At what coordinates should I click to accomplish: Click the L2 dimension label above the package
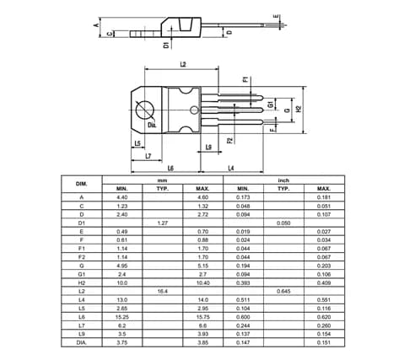(183, 65)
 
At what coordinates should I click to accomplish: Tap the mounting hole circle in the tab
(145, 110)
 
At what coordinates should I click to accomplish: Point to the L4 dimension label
(231, 168)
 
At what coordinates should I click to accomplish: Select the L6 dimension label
(170, 168)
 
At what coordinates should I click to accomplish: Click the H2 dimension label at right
(299, 109)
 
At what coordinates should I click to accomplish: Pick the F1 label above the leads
(245, 79)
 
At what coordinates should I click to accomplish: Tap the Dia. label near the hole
(152, 125)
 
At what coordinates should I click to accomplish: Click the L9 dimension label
(208, 147)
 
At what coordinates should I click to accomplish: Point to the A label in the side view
(96, 25)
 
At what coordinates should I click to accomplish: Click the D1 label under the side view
(167, 45)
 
